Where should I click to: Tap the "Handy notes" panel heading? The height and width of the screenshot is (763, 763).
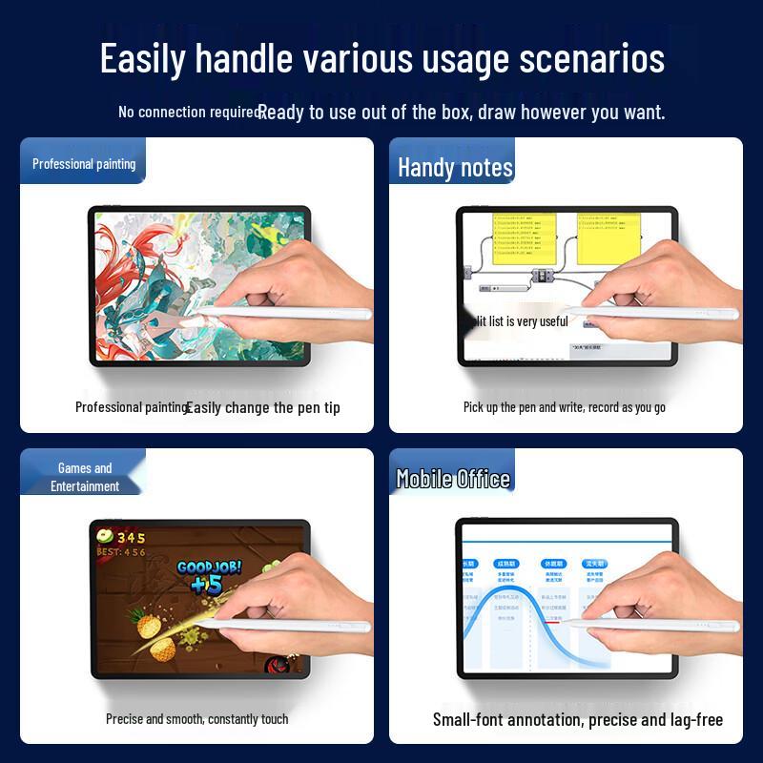coord(455,168)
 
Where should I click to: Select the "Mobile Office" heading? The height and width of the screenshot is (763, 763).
coord(453,479)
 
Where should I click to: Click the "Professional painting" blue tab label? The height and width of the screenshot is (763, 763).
coord(84,164)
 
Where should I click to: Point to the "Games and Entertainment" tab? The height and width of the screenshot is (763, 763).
coord(85,477)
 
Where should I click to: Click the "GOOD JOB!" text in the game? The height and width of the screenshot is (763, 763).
coord(209,567)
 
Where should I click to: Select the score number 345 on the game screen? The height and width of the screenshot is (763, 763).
coord(132,538)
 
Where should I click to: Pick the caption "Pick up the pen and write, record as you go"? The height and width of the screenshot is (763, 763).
coord(565,407)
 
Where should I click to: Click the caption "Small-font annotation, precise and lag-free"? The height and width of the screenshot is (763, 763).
coord(577,720)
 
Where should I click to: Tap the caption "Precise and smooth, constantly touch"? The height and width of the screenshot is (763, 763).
coord(196,718)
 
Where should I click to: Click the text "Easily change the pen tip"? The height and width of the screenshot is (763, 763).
coord(263,407)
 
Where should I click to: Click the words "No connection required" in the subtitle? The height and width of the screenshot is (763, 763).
coord(189,112)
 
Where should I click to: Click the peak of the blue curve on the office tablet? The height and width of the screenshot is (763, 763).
coord(505,592)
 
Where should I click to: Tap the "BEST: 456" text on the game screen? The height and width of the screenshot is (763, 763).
coord(121,552)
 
